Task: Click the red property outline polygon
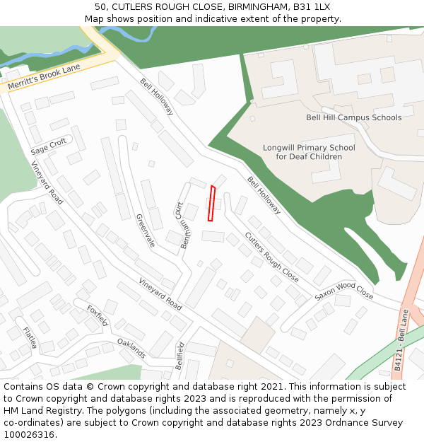coord(211,204)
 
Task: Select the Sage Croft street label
coord(49,147)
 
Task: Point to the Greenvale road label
coord(145,231)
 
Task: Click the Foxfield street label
coord(98,315)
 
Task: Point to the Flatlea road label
coord(29,339)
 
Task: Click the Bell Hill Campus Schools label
coord(353,117)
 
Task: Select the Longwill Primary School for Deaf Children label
coord(309,152)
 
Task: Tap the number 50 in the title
coord(100,6)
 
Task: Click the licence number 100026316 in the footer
coord(29,434)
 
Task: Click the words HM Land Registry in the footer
coord(37,410)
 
